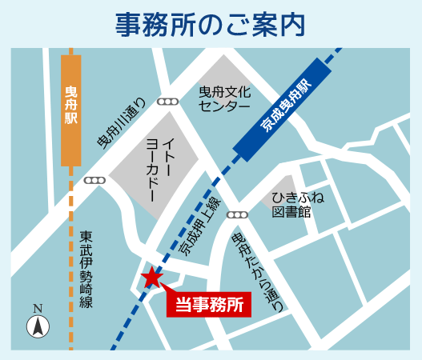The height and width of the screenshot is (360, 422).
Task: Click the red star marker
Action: click(151, 277)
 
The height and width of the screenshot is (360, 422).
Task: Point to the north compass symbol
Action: click(38, 326)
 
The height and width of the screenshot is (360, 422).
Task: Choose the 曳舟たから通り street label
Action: click(256, 272)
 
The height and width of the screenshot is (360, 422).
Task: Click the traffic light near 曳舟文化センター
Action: click(168, 102)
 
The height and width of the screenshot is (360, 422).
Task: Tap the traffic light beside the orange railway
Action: click(94, 181)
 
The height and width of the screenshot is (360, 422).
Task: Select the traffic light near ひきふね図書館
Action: click(237, 214)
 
